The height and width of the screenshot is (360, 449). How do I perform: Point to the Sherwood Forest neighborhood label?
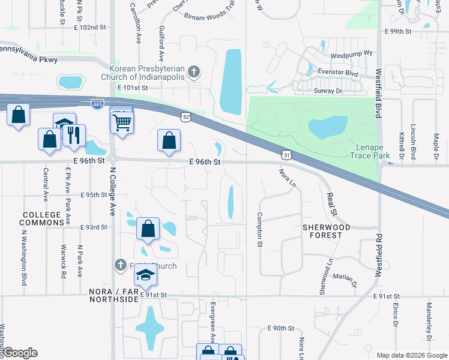[x=322, y=232]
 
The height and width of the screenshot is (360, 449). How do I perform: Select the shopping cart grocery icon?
[x=122, y=123]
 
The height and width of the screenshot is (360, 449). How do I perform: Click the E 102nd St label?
[x=89, y=28]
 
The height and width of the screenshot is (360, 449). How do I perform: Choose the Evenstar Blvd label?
[x=338, y=74]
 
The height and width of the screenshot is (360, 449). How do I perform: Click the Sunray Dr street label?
[x=328, y=91]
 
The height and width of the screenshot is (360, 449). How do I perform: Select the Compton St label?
[x=260, y=230]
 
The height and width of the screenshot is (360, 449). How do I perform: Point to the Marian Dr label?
[x=345, y=277]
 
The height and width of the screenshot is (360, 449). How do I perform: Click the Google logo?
[x=19, y=353]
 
